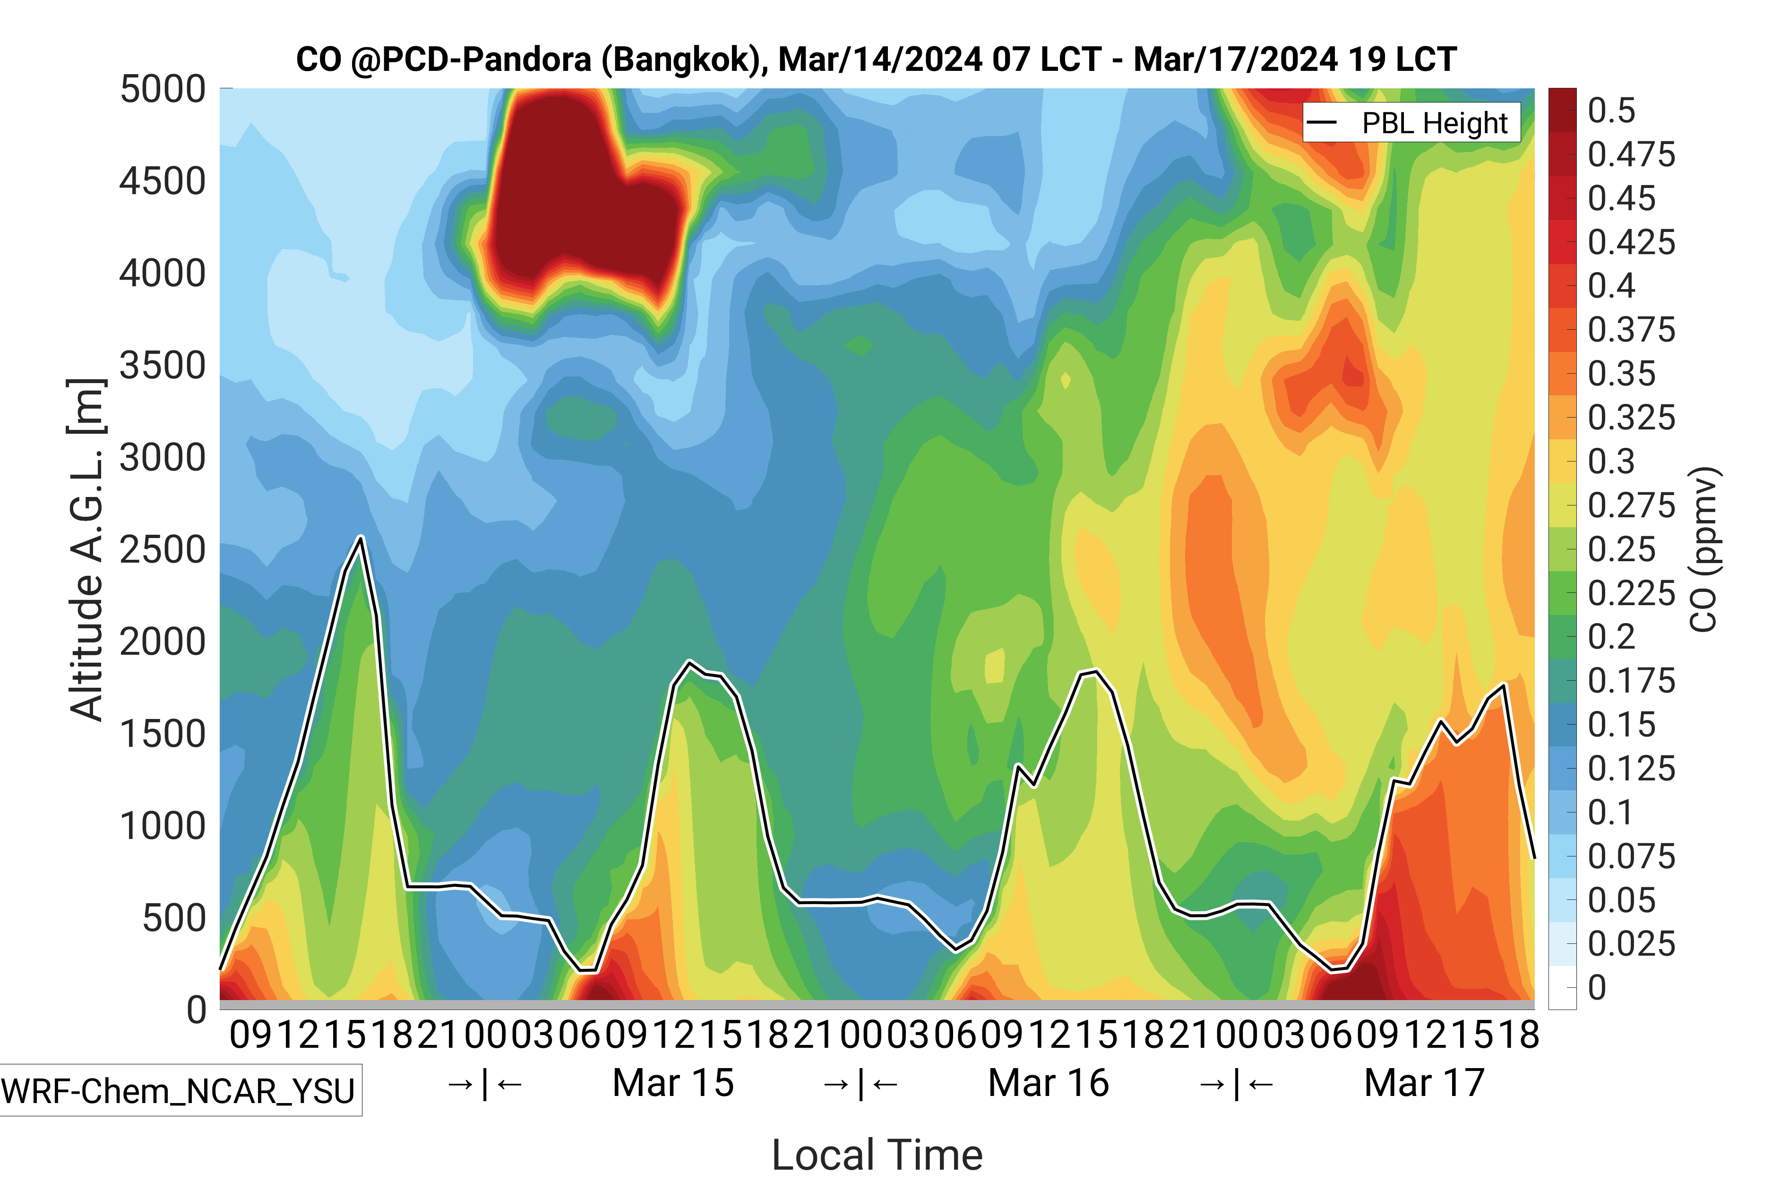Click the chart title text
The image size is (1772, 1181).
876,60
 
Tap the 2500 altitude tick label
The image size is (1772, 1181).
163,550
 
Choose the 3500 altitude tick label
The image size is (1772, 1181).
163,366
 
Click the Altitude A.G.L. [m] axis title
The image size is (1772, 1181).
85,550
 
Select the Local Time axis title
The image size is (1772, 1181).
877,1154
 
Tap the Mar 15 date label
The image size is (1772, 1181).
673,1083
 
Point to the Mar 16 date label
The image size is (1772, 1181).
1048,1083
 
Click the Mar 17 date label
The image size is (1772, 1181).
1424,1083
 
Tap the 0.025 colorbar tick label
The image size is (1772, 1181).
1631,944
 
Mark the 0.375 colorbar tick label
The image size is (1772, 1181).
1631,330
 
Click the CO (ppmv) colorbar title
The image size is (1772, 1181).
1704,550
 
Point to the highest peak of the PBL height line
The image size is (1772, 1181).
361,537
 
